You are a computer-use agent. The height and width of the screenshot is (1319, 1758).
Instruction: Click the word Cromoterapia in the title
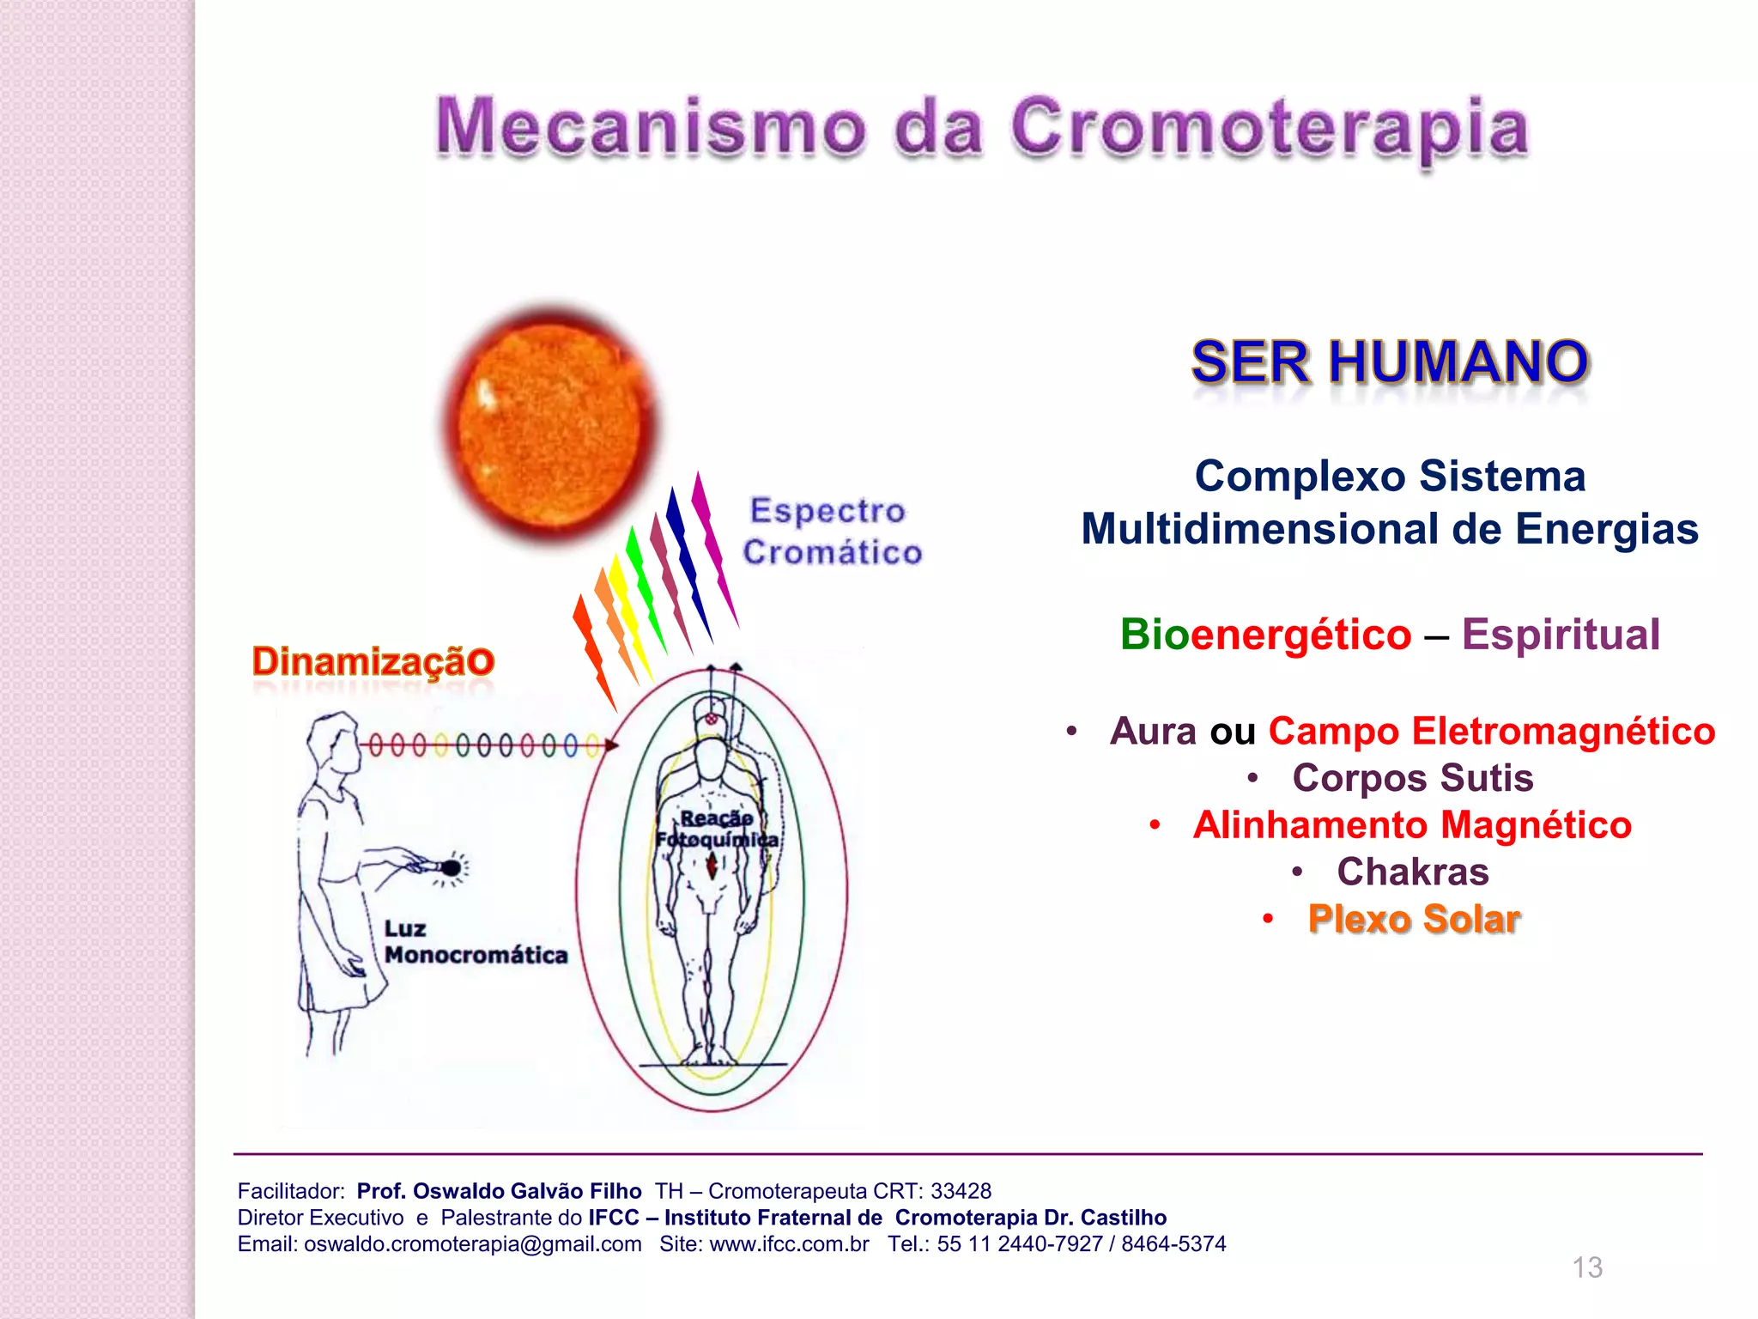pyautogui.click(x=1269, y=129)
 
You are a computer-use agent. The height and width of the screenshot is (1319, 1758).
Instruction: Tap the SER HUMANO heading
pyautogui.click(x=1390, y=362)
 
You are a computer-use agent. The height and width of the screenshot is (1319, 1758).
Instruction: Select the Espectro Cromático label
pyautogui.click(x=831, y=531)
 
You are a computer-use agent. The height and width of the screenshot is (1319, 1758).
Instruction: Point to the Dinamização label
pyautogui.click(x=373, y=661)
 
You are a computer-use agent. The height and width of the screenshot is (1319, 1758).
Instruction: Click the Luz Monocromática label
pyautogui.click(x=475, y=942)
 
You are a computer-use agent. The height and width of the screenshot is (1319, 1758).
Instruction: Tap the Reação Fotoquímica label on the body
pyautogui.click(x=717, y=829)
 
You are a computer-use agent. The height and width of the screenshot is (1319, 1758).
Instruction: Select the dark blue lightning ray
pyautogui.click(x=689, y=562)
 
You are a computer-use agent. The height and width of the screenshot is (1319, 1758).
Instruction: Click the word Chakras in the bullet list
pyautogui.click(x=1412, y=872)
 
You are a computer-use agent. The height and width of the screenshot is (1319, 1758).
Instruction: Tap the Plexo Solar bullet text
pyautogui.click(x=1414, y=919)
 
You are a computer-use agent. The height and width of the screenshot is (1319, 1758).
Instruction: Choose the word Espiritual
pyautogui.click(x=1561, y=635)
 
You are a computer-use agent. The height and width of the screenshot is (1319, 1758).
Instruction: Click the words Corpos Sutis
pyautogui.click(x=1412, y=778)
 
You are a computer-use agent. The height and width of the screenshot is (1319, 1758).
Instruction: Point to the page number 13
pyautogui.click(x=1587, y=1267)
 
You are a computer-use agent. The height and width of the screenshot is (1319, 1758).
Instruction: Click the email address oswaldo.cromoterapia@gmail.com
pyautogui.click(x=472, y=1243)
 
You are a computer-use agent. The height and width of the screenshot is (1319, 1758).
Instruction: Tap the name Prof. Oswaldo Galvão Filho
pyautogui.click(x=499, y=1191)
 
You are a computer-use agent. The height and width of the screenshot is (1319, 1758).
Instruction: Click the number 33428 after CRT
pyautogui.click(x=961, y=1191)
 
